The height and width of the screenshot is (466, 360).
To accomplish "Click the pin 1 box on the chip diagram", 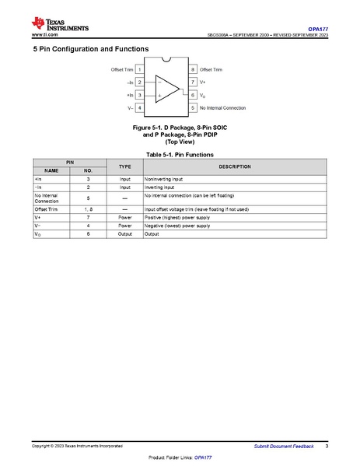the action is coord(139,69).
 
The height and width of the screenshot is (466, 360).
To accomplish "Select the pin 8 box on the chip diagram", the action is coord(193,69).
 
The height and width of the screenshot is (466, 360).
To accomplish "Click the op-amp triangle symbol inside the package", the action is coord(166,87).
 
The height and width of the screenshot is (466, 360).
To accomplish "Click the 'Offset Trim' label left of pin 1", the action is coord(122,69).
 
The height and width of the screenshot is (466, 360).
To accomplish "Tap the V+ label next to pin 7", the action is coord(204,82).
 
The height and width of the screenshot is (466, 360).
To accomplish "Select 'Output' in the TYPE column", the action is coord(124,233).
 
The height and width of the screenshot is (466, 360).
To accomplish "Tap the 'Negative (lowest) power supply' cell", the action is coord(177,225).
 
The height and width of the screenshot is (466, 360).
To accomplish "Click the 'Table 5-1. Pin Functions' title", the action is coord(180,154).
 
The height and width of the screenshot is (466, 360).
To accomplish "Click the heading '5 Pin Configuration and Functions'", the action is coord(90,48).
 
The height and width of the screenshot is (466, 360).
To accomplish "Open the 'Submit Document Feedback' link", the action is coord(284,446).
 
